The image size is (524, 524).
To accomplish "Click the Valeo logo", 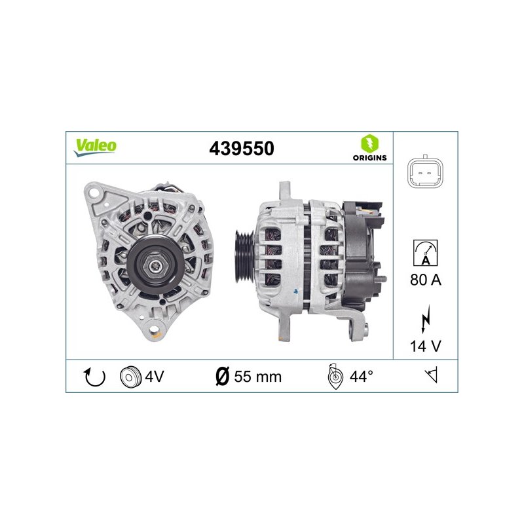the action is click(x=95, y=147).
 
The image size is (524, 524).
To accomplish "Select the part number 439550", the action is click(x=242, y=149).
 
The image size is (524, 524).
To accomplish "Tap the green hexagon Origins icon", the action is click(x=369, y=143).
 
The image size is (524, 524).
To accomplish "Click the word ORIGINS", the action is click(x=369, y=158).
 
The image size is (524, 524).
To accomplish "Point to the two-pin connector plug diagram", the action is click(x=425, y=173).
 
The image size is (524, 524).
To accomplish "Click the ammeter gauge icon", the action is click(x=425, y=253).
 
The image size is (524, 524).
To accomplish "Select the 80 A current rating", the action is click(x=426, y=280).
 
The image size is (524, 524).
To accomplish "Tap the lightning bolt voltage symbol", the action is click(x=425, y=319).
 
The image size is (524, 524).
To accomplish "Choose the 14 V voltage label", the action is click(x=426, y=346).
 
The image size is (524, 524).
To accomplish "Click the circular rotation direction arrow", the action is click(x=94, y=377).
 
